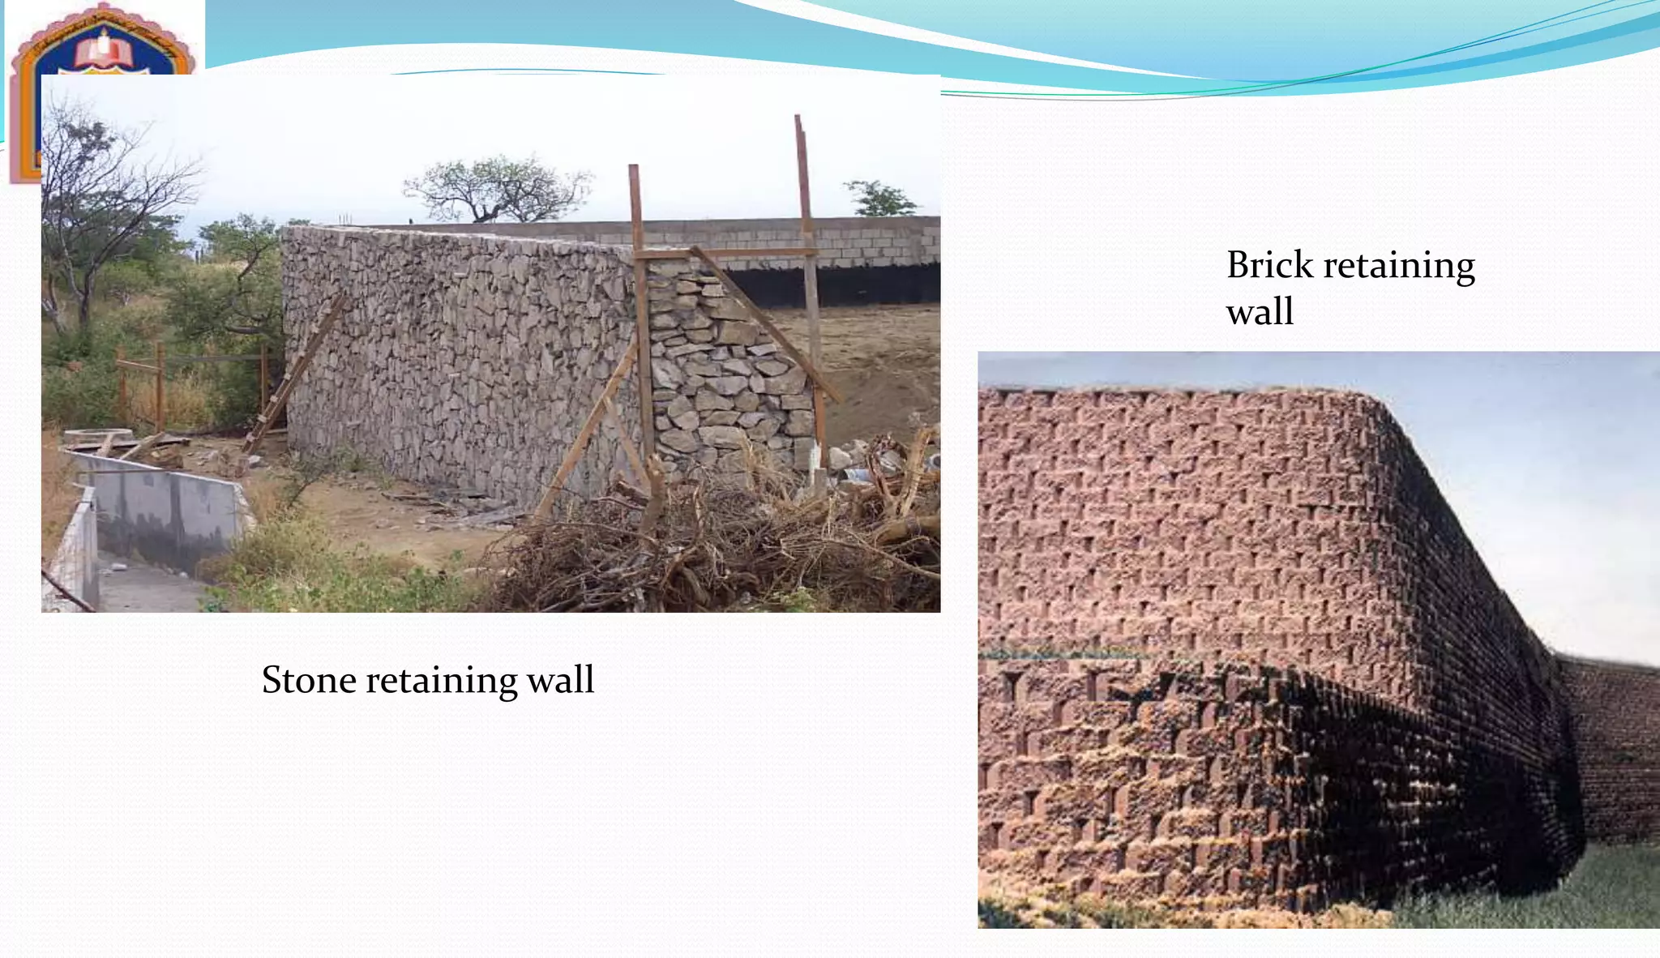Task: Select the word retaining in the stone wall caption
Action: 441,680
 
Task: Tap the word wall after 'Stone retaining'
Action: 560,680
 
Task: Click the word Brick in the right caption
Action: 1269,265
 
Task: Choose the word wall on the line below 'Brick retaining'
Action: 1260,312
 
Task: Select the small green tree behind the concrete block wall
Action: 880,199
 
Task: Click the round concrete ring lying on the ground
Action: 97,436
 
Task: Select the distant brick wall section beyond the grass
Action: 1613,746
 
